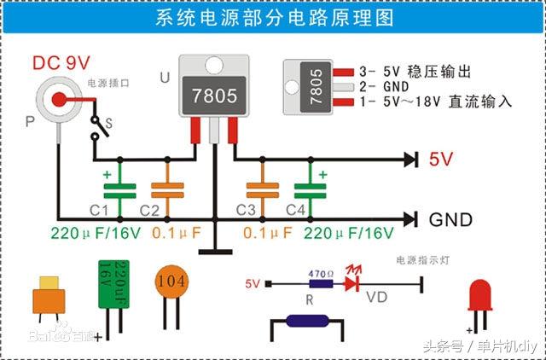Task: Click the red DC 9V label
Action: pos(61,62)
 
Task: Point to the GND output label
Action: pos(450,219)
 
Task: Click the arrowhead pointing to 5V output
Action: pos(410,159)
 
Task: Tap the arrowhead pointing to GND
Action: pos(410,219)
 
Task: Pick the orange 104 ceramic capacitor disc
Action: pos(174,282)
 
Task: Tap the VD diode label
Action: pos(375,298)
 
